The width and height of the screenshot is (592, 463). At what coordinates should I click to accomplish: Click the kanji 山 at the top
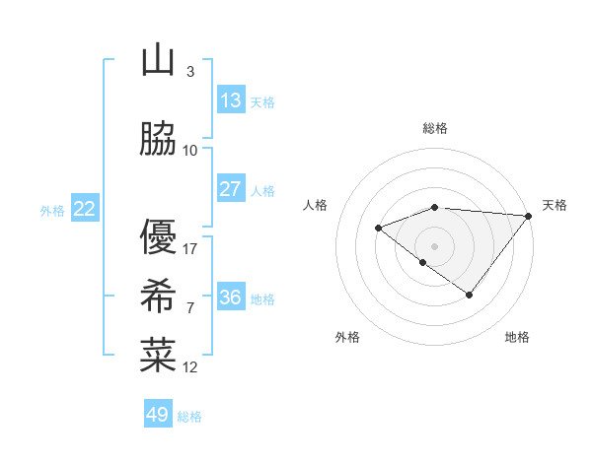click(158, 62)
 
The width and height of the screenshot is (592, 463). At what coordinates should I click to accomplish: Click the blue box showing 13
click(231, 100)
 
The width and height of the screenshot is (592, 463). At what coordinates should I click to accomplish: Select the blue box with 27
click(231, 189)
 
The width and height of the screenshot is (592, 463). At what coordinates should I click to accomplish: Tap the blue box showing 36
click(231, 298)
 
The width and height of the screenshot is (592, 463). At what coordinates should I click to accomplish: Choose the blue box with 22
click(84, 209)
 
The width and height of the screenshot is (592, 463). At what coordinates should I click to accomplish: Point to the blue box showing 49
click(158, 415)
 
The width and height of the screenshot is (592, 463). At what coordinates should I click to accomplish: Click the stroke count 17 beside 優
click(190, 249)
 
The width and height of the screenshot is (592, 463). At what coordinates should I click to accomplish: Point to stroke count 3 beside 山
click(189, 72)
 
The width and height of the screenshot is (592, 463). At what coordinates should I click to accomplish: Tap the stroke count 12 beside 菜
click(190, 367)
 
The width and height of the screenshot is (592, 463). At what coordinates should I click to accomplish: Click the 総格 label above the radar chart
click(435, 128)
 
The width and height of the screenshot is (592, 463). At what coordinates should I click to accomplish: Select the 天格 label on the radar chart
click(555, 205)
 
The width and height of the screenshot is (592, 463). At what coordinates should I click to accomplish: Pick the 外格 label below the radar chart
click(346, 338)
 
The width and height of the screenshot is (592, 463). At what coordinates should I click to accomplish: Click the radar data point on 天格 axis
click(529, 216)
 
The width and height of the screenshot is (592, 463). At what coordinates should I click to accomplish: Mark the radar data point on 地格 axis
click(470, 295)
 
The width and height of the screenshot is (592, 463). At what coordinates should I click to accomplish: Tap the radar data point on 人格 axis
click(378, 229)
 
